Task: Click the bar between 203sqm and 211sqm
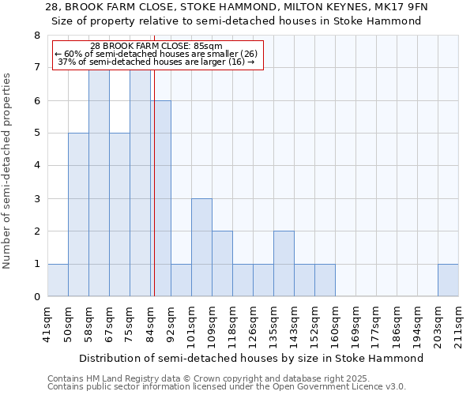pyautogui.click(x=448, y=280)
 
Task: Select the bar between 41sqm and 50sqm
pyautogui.click(x=58, y=280)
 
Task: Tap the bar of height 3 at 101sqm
pyautogui.click(x=201, y=247)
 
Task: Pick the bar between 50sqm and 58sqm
pyautogui.click(x=78, y=215)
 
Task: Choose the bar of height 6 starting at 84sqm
pyautogui.click(x=160, y=198)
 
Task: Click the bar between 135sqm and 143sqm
pyautogui.click(x=284, y=264)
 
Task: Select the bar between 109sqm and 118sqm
pyautogui.click(x=222, y=264)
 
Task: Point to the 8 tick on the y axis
pyautogui.click(x=36, y=36)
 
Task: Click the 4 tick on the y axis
pyautogui.click(x=36, y=166)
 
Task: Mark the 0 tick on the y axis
pyautogui.click(x=36, y=297)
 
